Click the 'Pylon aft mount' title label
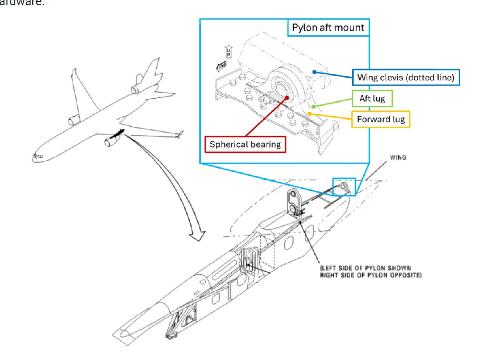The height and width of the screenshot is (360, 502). (328, 28)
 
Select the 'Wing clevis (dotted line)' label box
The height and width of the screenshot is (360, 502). (406, 78)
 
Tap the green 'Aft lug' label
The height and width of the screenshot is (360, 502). (372, 99)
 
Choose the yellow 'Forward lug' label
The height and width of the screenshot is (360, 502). (381, 119)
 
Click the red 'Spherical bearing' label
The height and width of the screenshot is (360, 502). (245, 145)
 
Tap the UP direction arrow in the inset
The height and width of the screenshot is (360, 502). (228, 52)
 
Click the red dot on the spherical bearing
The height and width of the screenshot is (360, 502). (286, 98)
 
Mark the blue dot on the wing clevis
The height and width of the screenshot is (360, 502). (314, 72)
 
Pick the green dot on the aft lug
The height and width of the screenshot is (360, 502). (314, 106)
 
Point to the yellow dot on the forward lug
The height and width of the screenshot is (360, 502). (309, 113)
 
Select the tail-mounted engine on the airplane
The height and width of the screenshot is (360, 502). (136, 90)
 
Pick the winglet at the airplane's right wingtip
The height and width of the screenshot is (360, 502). (179, 134)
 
